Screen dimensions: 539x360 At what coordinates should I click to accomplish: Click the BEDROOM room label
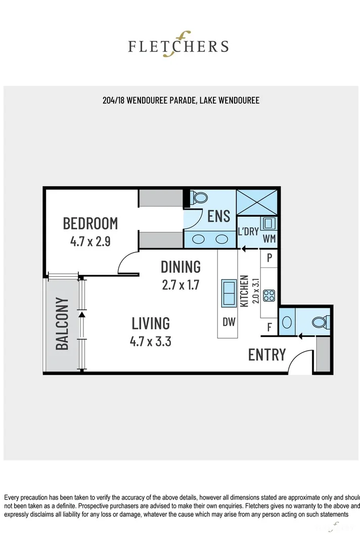(x=90, y=223)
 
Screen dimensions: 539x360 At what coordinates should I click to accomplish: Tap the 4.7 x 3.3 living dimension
(x=150, y=341)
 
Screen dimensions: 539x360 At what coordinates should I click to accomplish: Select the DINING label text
(x=181, y=266)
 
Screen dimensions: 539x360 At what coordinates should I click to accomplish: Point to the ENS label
(x=219, y=216)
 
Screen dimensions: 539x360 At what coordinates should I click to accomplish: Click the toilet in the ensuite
(x=200, y=198)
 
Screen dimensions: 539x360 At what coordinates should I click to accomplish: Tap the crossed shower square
(x=257, y=203)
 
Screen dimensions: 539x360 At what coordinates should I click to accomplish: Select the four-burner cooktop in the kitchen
(x=269, y=296)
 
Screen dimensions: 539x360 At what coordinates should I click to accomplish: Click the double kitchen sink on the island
(x=229, y=293)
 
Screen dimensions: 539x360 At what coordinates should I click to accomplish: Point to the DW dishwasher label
(x=229, y=322)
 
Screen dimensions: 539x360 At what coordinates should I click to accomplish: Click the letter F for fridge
(x=269, y=327)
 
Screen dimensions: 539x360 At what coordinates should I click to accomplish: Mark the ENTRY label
(x=266, y=355)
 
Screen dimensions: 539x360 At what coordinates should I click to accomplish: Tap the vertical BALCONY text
(x=62, y=324)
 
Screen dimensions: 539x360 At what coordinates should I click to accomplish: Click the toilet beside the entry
(x=320, y=321)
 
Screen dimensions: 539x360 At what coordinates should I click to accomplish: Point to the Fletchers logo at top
(x=178, y=45)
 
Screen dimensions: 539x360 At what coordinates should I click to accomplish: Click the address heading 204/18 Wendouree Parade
(x=181, y=101)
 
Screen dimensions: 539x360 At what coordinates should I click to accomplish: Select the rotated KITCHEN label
(x=244, y=291)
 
